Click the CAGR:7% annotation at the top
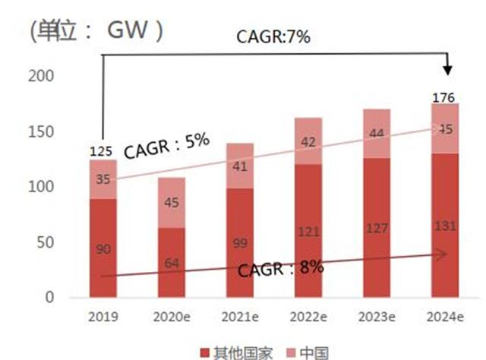(x=273, y=36)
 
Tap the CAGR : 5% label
(x=167, y=145)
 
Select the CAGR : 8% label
(x=281, y=269)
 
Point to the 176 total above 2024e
(x=443, y=98)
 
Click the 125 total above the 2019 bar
(x=101, y=152)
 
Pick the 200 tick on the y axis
(x=41, y=76)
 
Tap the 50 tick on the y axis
(x=46, y=242)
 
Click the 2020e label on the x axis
(x=172, y=317)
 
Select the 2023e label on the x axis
(x=377, y=317)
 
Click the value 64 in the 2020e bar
(x=172, y=264)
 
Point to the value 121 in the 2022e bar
(x=309, y=232)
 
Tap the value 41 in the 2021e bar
(x=240, y=167)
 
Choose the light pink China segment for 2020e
(x=172, y=203)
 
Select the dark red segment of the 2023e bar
(x=377, y=228)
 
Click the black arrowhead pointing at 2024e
(x=447, y=71)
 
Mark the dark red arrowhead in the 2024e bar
(x=440, y=254)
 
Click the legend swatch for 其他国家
(x=205, y=353)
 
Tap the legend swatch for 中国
(x=292, y=353)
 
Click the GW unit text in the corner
(x=128, y=30)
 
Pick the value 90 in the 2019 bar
(x=103, y=249)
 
